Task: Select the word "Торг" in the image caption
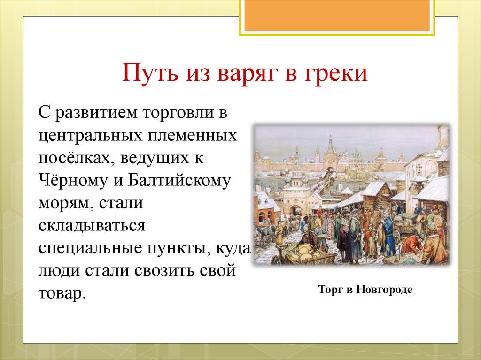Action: coord(330,290)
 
